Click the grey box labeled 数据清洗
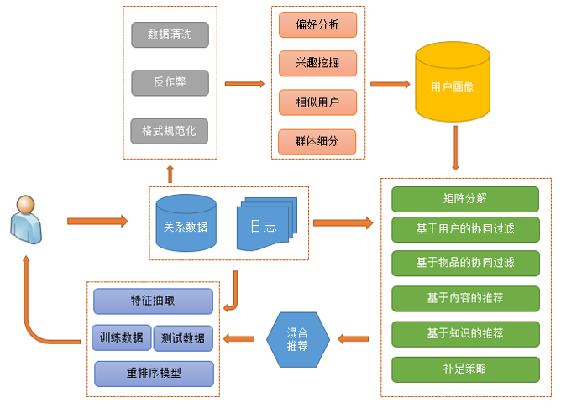[x=170, y=34]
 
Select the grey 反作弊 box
[x=170, y=82]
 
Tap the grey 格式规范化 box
[x=170, y=131]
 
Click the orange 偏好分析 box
[x=317, y=24]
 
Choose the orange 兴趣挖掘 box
[x=317, y=63]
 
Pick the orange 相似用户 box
[x=317, y=102]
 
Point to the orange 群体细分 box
[x=317, y=141]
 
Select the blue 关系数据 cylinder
[x=186, y=224]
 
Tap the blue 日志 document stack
[x=266, y=225]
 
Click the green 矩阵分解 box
[x=464, y=199]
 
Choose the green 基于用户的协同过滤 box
[x=464, y=229]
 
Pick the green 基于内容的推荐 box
[x=464, y=298]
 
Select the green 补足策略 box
[x=464, y=369]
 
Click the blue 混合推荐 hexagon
[x=297, y=340]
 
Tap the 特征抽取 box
[x=153, y=301]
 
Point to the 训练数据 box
[x=122, y=337]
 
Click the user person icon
[x=24, y=220]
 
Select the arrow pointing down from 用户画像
[x=455, y=148]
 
